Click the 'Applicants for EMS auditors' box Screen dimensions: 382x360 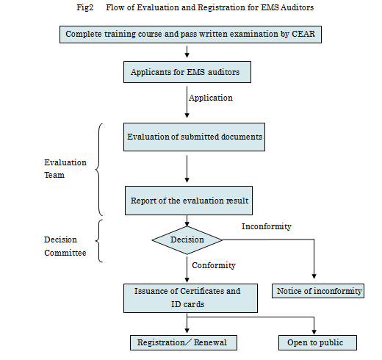click(x=187, y=72)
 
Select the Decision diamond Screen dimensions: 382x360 click(x=187, y=240)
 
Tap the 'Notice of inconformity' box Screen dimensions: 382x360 click(x=318, y=291)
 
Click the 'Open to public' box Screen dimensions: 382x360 click(x=317, y=342)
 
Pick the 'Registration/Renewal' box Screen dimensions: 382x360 click(x=184, y=342)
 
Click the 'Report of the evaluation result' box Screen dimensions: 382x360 click(x=189, y=201)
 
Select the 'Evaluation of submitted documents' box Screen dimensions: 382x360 click(x=194, y=137)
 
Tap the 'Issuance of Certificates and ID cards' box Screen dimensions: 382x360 click(x=190, y=298)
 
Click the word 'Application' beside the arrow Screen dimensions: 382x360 click(x=211, y=98)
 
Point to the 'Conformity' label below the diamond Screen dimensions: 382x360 click(x=214, y=265)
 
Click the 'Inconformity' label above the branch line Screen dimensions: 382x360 click(x=267, y=226)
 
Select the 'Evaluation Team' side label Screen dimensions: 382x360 click(x=65, y=169)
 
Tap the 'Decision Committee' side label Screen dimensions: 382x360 click(x=65, y=246)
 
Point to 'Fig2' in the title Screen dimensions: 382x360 click(x=85, y=7)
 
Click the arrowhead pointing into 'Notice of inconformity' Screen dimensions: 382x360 click(x=314, y=276)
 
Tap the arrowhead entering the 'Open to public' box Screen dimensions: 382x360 click(x=314, y=332)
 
